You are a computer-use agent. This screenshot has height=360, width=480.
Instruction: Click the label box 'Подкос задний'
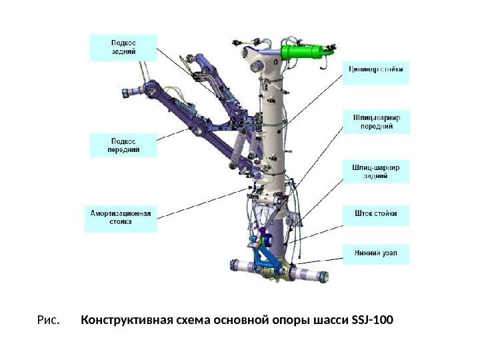pos(123,48)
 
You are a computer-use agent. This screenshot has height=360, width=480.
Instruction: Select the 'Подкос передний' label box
pos(123,145)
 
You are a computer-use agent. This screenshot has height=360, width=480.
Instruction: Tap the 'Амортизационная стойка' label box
pos(121,218)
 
